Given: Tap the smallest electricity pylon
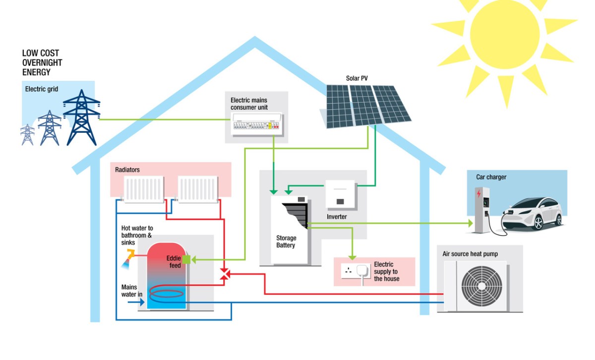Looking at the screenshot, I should [28, 134].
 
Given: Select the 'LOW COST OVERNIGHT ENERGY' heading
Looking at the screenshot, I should [42, 62].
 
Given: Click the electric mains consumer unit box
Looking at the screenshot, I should [256, 124].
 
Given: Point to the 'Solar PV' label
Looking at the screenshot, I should [357, 78].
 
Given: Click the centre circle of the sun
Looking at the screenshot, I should [504, 33].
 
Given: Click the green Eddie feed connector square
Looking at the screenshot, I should [186, 259].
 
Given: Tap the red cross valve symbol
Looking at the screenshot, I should [225, 274].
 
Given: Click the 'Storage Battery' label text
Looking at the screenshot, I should [286, 241].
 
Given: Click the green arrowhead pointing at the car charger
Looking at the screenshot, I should [469, 224].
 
